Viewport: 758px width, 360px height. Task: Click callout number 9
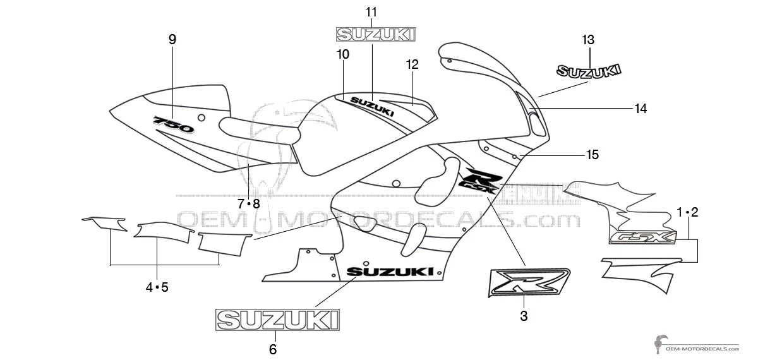pyautogui.click(x=172, y=39)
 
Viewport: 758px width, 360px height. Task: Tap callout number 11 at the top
pyautogui.click(x=371, y=12)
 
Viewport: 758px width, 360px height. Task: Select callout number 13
pyautogui.click(x=588, y=40)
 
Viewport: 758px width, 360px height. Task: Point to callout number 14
pyautogui.click(x=641, y=109)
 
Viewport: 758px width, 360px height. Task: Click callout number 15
pyautogui.click(x=593, y=155)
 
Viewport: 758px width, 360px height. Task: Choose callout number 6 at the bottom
pyautogui.click(x=273, y=349)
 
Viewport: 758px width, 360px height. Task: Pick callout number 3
pyautogui.click(x=524, y=316)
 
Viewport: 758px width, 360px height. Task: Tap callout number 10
pyautogui.click(x=343, y=55)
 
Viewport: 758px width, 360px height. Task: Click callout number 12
pyautogui.click(x=412, y=64)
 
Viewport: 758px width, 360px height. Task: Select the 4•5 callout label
pyautogui.click(x=157, y=287)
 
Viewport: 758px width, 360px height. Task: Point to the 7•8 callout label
pyautogui.click(x=249, y=203)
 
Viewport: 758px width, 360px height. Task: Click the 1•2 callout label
pyautogui.click(x=687, y=212)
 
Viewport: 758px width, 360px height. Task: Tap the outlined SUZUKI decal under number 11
pyautogui.click(x=375, y=34)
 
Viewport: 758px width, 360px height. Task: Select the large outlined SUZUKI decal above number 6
pyautogui.click(x=277, y=320)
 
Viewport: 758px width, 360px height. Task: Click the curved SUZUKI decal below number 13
pyautogui.click(x=588, y=71)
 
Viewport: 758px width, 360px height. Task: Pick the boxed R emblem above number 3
pyautogui.click(x=529, y=282)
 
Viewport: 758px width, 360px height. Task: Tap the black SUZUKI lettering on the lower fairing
pyautogui.click(x=390, y=272)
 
